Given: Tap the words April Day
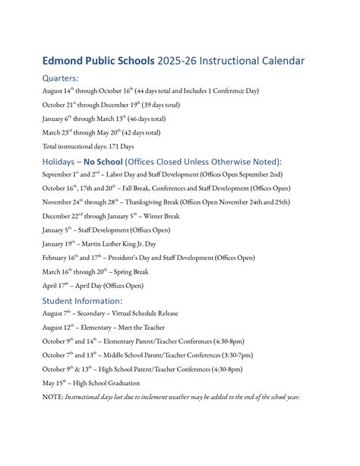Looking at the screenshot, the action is [90, 286].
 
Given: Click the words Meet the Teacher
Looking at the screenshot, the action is [144, 327].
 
